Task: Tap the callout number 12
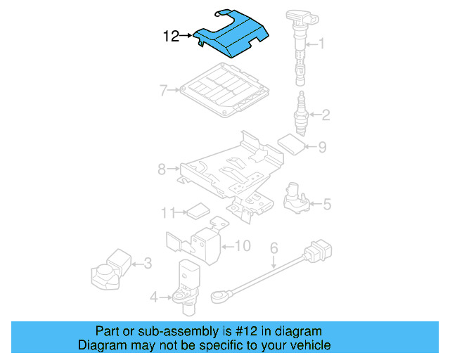[x=172, y=36]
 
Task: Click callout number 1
[x=322, y=44]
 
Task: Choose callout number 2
[x=326, y=113]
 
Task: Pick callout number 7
[x=162, y=90]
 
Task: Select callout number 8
[x=161, y=169]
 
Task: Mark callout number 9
[x=322, y=148]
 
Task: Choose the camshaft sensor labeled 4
[x=186, y=281]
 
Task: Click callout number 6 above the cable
[x=274, y=247]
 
